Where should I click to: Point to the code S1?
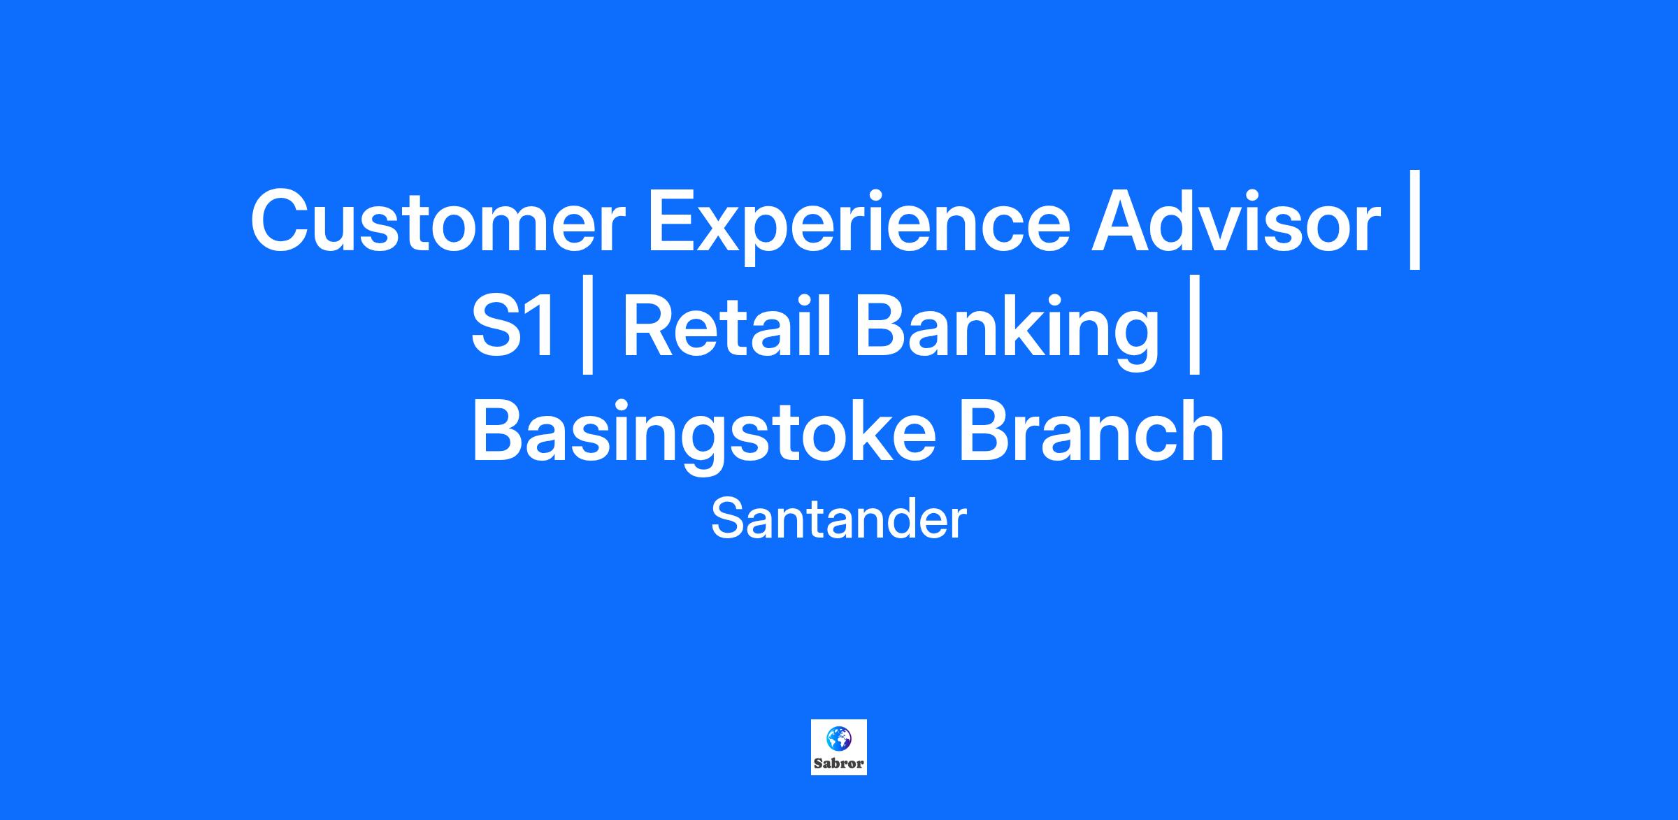(x=514, y=326)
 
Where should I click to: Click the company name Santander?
(x=838, y=519)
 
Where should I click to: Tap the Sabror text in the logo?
(x=838, y=763)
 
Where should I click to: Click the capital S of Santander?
(x=727, y=519)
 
